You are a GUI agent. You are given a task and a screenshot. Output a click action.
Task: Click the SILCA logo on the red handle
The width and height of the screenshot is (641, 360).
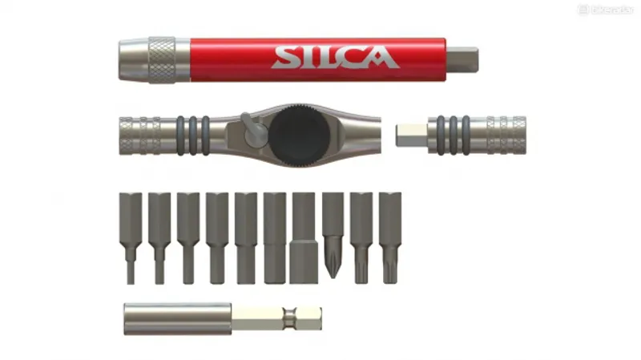tap(334, 58)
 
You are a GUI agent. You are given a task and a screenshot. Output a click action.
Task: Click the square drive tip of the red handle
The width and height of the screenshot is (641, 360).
tap(462, 59)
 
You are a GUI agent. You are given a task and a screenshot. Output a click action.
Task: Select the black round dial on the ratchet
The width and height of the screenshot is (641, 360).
tap(296, 135)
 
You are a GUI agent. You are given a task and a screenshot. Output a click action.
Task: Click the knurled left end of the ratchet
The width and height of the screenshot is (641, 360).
tap(141, 134)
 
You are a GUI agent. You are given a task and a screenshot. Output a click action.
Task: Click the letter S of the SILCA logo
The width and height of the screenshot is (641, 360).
tap(285, 58)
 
